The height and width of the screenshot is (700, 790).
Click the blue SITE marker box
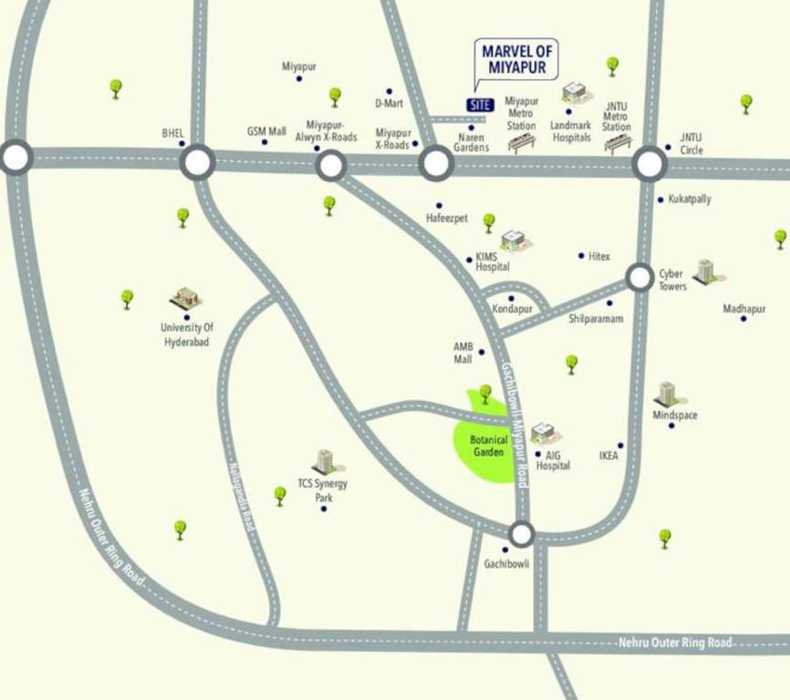480,105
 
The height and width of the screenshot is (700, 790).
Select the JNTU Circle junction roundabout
650,164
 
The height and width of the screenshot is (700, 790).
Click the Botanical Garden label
489,446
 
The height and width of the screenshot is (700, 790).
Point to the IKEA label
608,456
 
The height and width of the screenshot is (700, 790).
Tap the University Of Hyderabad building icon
185,297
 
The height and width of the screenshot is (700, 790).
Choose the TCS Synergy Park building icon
324,461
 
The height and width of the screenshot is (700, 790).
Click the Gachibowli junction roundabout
521,533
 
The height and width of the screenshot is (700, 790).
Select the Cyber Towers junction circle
639,277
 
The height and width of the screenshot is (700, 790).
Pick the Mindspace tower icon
667,394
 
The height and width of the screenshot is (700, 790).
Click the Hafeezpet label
447,219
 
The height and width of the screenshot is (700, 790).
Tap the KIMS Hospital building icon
514,240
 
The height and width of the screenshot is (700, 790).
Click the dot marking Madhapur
743,319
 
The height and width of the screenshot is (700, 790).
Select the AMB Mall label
463,353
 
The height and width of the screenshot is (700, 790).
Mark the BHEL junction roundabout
197,163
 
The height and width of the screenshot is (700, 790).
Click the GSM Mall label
266,130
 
